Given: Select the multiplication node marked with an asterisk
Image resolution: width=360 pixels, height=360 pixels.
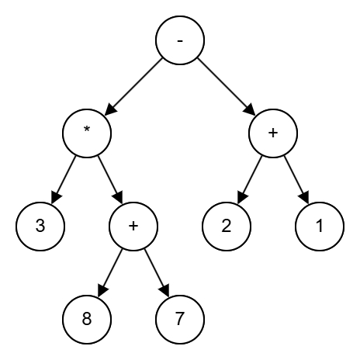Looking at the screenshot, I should [87, 133].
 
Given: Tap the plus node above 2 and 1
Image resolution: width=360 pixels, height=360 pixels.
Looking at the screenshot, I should [273, 133].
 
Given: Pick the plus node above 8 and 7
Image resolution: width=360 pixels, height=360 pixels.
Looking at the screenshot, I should [133, 226].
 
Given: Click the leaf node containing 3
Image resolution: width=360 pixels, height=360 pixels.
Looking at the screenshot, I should [40, 226].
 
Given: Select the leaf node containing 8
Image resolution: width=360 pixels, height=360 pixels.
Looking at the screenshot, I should [87, 319].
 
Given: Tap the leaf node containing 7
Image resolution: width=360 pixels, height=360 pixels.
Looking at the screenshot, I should [180, 319].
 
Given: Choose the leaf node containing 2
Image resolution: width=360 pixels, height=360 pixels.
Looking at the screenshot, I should [227, 226].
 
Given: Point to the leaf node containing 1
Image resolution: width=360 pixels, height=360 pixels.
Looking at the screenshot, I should [320, 226].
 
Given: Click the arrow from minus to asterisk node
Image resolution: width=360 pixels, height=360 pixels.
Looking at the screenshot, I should [133, 86].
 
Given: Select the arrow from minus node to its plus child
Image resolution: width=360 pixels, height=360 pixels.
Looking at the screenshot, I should [227, 86].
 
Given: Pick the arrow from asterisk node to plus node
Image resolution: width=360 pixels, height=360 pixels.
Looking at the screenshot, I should [110, 179].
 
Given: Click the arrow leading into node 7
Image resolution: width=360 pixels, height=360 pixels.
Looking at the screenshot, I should [157, 272].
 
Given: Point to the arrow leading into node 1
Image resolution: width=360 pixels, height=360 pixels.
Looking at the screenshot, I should [296, 179].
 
